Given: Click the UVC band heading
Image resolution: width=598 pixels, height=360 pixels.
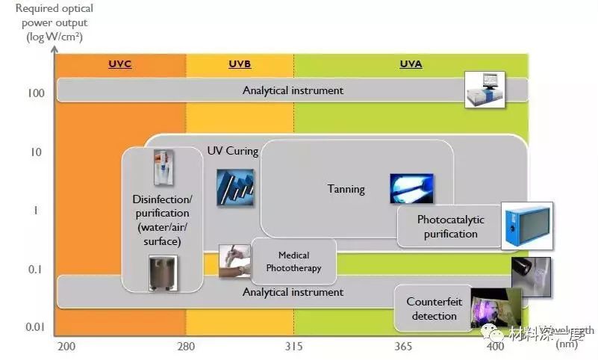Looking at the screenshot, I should [x=119, y=64].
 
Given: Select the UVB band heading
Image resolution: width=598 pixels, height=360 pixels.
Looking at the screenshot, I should [x=240, y=64].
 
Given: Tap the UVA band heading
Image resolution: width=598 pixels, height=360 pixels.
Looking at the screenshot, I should [x=411, y=64].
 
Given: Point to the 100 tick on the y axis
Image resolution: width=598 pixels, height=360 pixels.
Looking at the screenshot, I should [x=37, y=93].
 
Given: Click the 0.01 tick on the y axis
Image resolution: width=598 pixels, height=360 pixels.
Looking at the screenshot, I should [x=34, y=327].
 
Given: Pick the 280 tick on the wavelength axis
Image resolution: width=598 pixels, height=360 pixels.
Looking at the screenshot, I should [x=185, y=347].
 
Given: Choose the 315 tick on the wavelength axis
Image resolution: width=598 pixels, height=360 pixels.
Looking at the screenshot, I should [x=293, y=347].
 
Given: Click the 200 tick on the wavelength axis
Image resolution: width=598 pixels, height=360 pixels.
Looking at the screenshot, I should [x=66, y=347].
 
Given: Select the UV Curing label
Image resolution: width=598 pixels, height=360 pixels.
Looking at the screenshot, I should [x=232, y=152].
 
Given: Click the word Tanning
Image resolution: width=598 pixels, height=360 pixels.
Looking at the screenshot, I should [x=346, y=189].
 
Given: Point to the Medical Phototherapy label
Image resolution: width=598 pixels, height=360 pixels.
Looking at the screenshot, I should [x=293, y=261].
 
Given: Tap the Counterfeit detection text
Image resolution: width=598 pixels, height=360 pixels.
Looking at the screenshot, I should [x=434, y=308].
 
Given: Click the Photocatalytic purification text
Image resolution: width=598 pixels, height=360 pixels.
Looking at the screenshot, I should [x=450, y=226].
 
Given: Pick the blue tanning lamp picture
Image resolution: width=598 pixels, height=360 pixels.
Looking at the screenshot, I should [x=411, y=188].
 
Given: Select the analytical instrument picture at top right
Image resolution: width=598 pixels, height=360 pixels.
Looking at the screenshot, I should [x=485, y=90].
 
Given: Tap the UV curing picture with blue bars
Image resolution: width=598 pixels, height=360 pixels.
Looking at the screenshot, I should [x=235, y=187].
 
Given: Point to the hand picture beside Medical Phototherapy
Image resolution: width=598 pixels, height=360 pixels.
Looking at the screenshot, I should [x=234, y=261].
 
